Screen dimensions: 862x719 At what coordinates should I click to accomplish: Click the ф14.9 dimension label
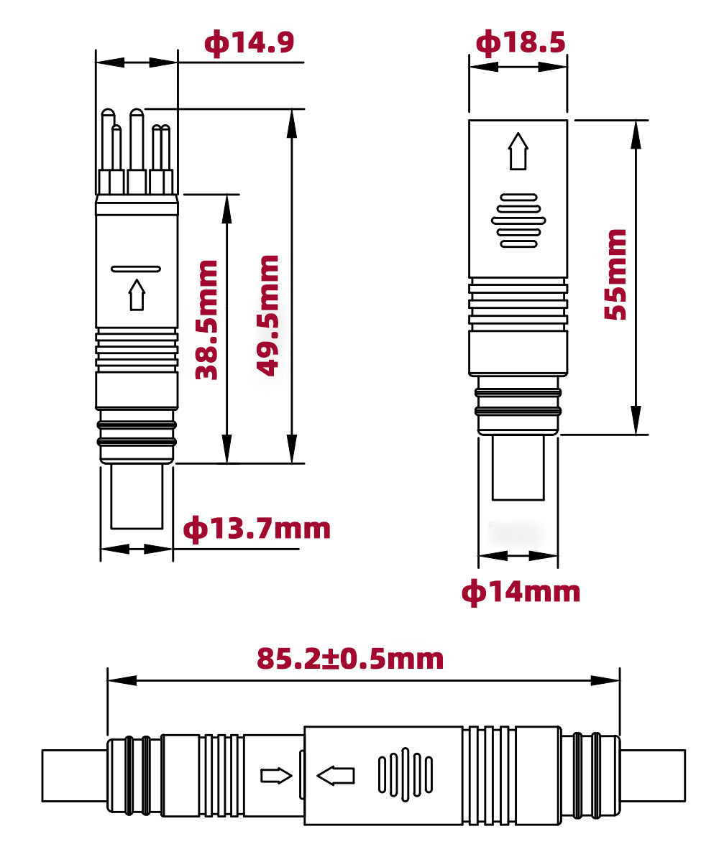(x=249, y=43)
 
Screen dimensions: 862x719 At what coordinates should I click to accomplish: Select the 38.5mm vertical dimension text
(x=207, y=320)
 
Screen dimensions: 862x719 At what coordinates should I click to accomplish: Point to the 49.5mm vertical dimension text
(x=268, y=315)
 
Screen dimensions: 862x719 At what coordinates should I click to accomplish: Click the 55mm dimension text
(x=615, y=274)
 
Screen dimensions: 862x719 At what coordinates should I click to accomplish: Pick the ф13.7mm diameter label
(x=257, y=529)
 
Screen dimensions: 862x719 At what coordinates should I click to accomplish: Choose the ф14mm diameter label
(x=521, y=592)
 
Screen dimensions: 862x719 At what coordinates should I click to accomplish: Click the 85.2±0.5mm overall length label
(x=350, y=658)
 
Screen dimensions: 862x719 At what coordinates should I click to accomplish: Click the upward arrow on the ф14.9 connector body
(x=137, y=295)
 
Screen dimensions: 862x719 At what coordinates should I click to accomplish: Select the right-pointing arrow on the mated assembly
(x=276, y=776)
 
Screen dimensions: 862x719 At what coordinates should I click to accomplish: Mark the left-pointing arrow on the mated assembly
(x=336, y=776)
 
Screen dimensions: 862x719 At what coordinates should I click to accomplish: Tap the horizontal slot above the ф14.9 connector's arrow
(x=136, y=269)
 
